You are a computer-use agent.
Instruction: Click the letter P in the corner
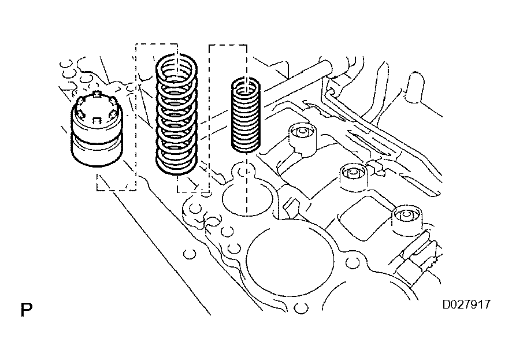tap(25, 310)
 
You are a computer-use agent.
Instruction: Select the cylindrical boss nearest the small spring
tap(303, 138)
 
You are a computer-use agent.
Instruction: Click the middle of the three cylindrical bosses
tap(353, 177)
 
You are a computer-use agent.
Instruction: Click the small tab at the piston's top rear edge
tap(98, 94)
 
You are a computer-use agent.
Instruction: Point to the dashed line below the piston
tap(116, 190)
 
